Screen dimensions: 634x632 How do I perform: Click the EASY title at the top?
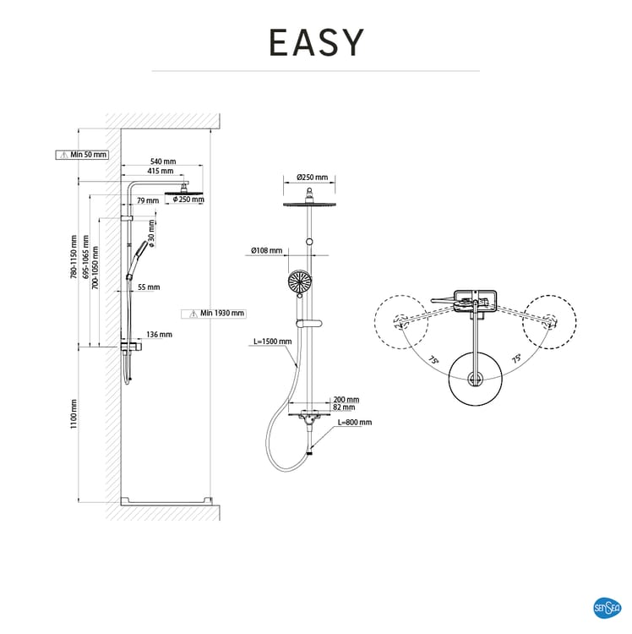[x=316, y=42]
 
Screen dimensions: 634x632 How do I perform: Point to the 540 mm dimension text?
[x=163, y=161]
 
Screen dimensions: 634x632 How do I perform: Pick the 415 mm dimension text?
[x=161, y=171]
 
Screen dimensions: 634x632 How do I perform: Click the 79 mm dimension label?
[x=147, y=200]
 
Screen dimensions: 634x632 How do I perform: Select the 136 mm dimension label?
[x=159, y=334]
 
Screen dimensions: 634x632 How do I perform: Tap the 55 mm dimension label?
[x=149, y=287]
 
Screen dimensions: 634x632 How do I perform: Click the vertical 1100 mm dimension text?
[x=74, y=414]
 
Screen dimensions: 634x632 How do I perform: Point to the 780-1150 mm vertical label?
[x=74, y=258]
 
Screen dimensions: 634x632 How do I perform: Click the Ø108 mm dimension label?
[x=265, y=250]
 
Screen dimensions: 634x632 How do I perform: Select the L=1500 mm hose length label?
[x=272, y=342]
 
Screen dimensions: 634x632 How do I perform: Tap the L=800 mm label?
[x=354, y=421]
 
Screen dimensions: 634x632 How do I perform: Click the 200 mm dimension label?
[x=346, y=399]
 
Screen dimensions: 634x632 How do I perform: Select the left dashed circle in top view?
[x=402, y=321]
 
